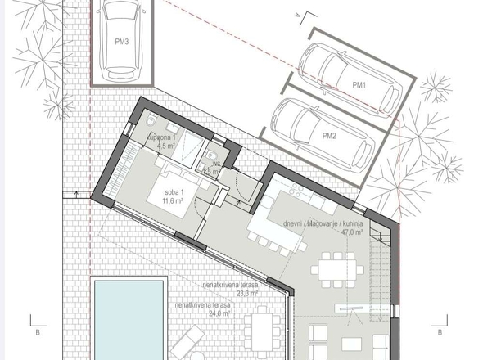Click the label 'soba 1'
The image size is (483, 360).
(172, 191)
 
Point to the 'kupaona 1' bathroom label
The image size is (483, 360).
(161, 137)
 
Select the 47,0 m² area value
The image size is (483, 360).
(352, 232)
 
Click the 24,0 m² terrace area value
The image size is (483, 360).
(214, 313)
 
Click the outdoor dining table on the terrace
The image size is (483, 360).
(262, 331)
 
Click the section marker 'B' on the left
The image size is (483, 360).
(37, 333)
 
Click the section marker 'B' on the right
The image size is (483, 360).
(440, 333)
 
